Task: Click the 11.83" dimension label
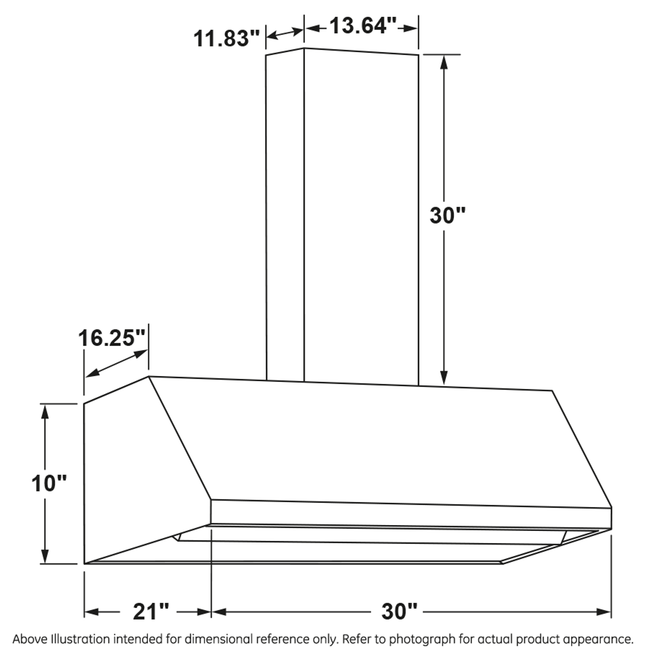227,38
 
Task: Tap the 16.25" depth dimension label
112,338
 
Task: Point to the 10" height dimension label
49,483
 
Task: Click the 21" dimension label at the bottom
151,612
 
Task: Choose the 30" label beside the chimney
447,216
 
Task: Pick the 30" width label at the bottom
399,612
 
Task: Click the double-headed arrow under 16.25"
117,363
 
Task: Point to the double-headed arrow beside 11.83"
285,33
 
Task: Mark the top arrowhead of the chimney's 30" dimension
444,61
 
